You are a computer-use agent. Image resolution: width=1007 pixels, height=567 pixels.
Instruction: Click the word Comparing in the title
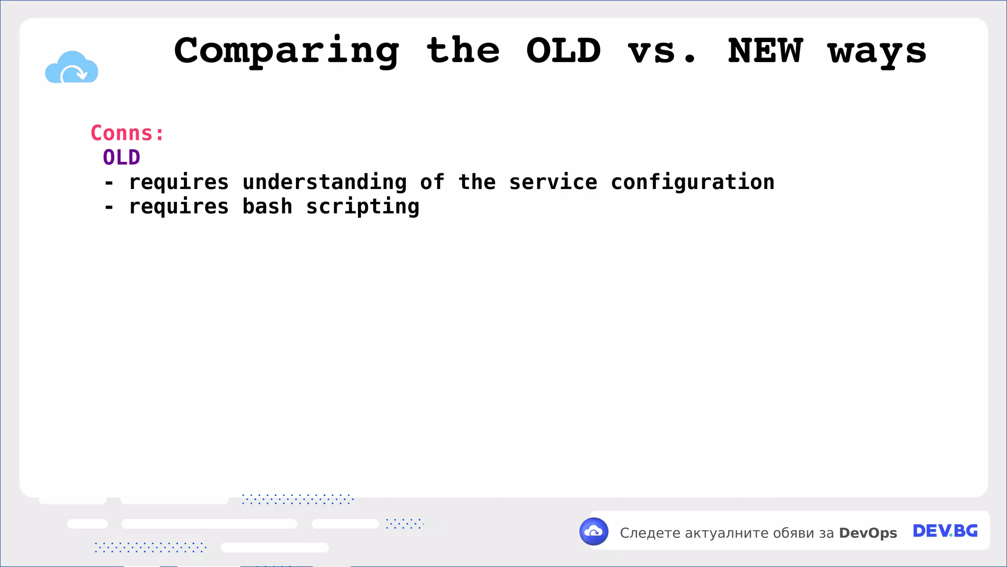pyautogui.click(x=287, y=52)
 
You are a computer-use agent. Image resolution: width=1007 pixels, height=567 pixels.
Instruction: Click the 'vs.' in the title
pyautogui.click(x=662, y=52)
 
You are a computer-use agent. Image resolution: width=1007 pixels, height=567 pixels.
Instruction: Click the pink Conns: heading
pyautogui.click(x=127, y=133)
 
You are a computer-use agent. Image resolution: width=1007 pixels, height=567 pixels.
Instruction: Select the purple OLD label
pyautogui.click(x=121, y=157)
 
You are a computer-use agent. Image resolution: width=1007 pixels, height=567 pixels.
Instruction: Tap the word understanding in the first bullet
pyautogui.click(x=325, y=182)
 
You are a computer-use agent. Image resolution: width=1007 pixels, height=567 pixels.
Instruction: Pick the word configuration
pyautogui.click(x=692, y=182)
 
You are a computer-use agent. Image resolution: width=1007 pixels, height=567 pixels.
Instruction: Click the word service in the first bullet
pyautogui.click(x=553, y=182)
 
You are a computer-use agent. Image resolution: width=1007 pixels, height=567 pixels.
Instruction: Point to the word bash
pyautogui.click(x=267, y=206)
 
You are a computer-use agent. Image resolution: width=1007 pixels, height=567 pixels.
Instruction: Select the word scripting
pyautogui.click(x=363, y=207)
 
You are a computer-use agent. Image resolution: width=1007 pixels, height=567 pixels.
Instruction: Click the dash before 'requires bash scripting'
pyautogui.click(x=109, y=207)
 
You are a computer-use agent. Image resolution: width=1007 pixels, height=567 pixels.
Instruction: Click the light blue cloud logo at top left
pyautogui.click(x=72, y=67)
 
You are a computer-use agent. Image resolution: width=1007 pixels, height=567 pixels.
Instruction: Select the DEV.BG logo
pyautogui.click(x=945, y=531)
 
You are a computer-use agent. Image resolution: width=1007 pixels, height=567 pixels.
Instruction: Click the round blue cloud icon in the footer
pyautogui.click(x=593, y=532)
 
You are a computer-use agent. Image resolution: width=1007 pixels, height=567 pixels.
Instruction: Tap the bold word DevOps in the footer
pyautogui.click(x=868, y=533)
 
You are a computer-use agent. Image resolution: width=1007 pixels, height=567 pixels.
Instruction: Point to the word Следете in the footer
pyautogui.click(x=650, y=533)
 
